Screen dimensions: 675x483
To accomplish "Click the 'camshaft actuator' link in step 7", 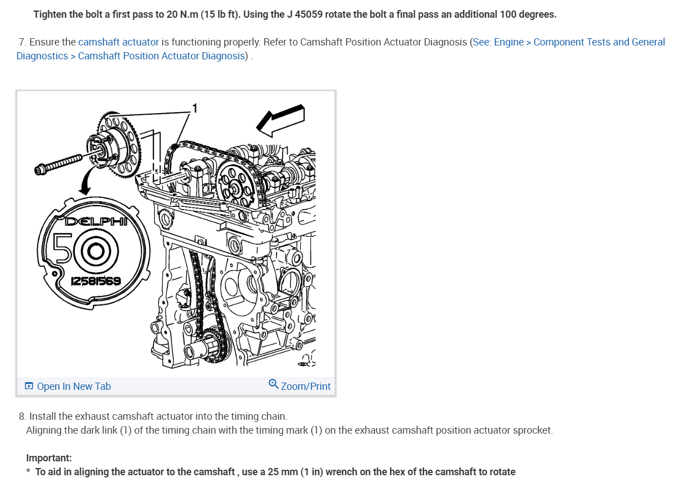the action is [119, 42].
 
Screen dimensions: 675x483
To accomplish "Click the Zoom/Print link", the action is [305, 386].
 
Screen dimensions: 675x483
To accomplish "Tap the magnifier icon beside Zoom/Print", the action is [273, 384].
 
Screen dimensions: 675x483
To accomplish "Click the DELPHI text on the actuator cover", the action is [96, 222].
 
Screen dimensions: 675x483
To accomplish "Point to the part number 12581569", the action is [96, 281].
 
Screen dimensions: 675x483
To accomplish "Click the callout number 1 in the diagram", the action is [195, 108].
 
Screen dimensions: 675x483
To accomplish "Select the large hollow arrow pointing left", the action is [281, 120].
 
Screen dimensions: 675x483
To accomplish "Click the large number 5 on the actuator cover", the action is [63, 248].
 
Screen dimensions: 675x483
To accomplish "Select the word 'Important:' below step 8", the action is [49, 457].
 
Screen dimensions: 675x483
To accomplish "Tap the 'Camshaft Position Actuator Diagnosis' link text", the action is [161, 56].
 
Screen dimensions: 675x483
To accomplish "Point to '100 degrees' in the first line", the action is [528, 14].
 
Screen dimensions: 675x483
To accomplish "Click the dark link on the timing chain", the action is [175, 147].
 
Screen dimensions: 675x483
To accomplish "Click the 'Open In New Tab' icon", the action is [29, 385].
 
